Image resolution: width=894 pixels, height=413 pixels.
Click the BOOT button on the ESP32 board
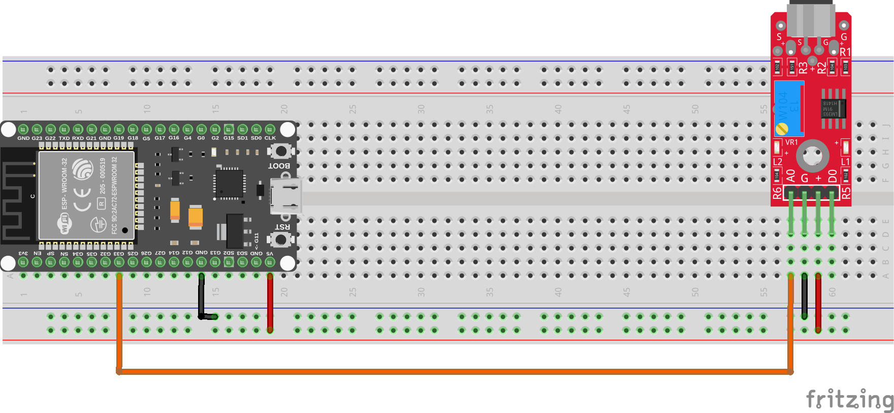click(280, 151)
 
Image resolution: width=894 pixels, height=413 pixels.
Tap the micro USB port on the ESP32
click(286, 196)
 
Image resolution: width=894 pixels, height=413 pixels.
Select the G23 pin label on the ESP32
click(37, 138)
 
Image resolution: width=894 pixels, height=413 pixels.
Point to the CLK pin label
click(270, 138)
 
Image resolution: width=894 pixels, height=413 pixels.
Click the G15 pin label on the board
click(229, 138)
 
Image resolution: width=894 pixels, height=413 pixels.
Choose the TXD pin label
click(64, 138)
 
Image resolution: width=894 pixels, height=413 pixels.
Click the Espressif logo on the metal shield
click(83, 168)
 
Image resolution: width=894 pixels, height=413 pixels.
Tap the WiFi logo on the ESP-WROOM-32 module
click(65, 224)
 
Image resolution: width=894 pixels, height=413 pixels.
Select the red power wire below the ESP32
click(270, 303)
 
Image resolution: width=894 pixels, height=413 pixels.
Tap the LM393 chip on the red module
click(834, 108)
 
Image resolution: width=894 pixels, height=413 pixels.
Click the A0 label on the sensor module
click(790, 176)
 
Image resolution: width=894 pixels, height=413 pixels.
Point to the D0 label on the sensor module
click(833, 176)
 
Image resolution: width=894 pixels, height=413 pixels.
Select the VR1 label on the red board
click(791, 142)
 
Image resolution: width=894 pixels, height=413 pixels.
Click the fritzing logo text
click(849, 399)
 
